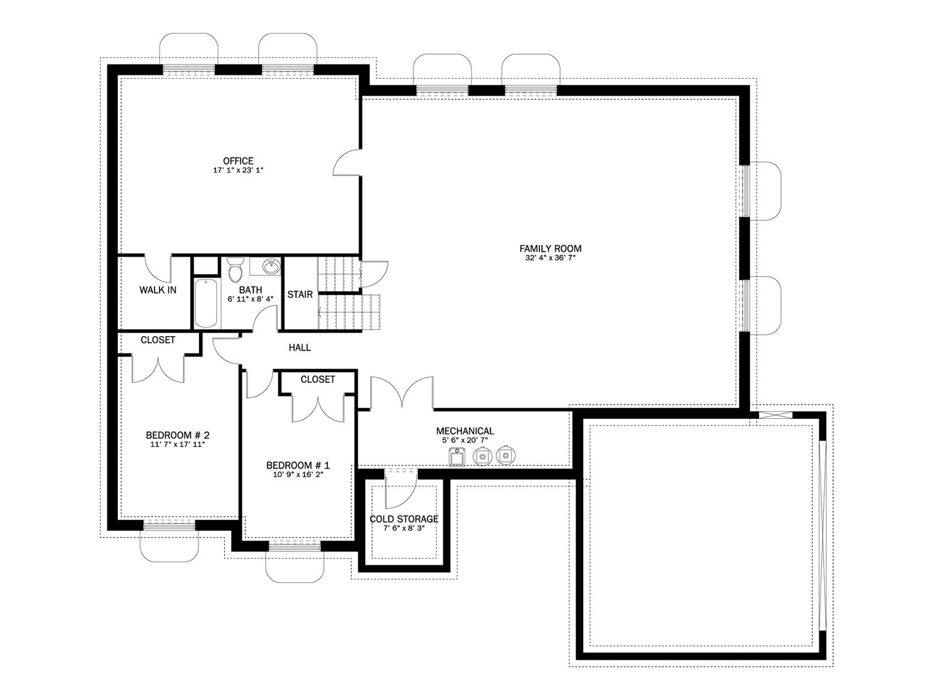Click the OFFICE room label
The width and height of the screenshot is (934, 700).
click(238, 160)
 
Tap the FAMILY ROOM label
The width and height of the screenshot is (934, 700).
click(550, 249)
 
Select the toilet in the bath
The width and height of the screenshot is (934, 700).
click(234, 269)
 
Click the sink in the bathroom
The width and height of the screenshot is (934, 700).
click(271, 267)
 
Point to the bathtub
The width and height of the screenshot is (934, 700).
click(205, 303)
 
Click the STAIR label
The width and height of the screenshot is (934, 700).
click(300, 294)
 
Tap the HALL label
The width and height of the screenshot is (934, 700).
click(299, 348)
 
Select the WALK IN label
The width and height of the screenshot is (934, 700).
click(158, 290)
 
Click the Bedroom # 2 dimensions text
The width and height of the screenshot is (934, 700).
click(177, 444)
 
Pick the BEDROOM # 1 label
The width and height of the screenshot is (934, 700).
click(298, 466)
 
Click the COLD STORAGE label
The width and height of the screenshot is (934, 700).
click(404, 519)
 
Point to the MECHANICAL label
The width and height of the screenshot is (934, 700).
click(465, 431)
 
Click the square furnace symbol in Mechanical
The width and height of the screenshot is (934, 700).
click(457, 457)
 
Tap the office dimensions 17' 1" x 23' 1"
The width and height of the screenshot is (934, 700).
click(238, 170)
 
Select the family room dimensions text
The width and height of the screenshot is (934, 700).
click(550, 258)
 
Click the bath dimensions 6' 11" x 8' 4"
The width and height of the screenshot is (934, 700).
click(250, 299)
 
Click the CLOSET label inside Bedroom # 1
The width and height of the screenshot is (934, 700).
click(318, 379)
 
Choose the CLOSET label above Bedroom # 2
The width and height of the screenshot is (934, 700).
click(158, 340)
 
